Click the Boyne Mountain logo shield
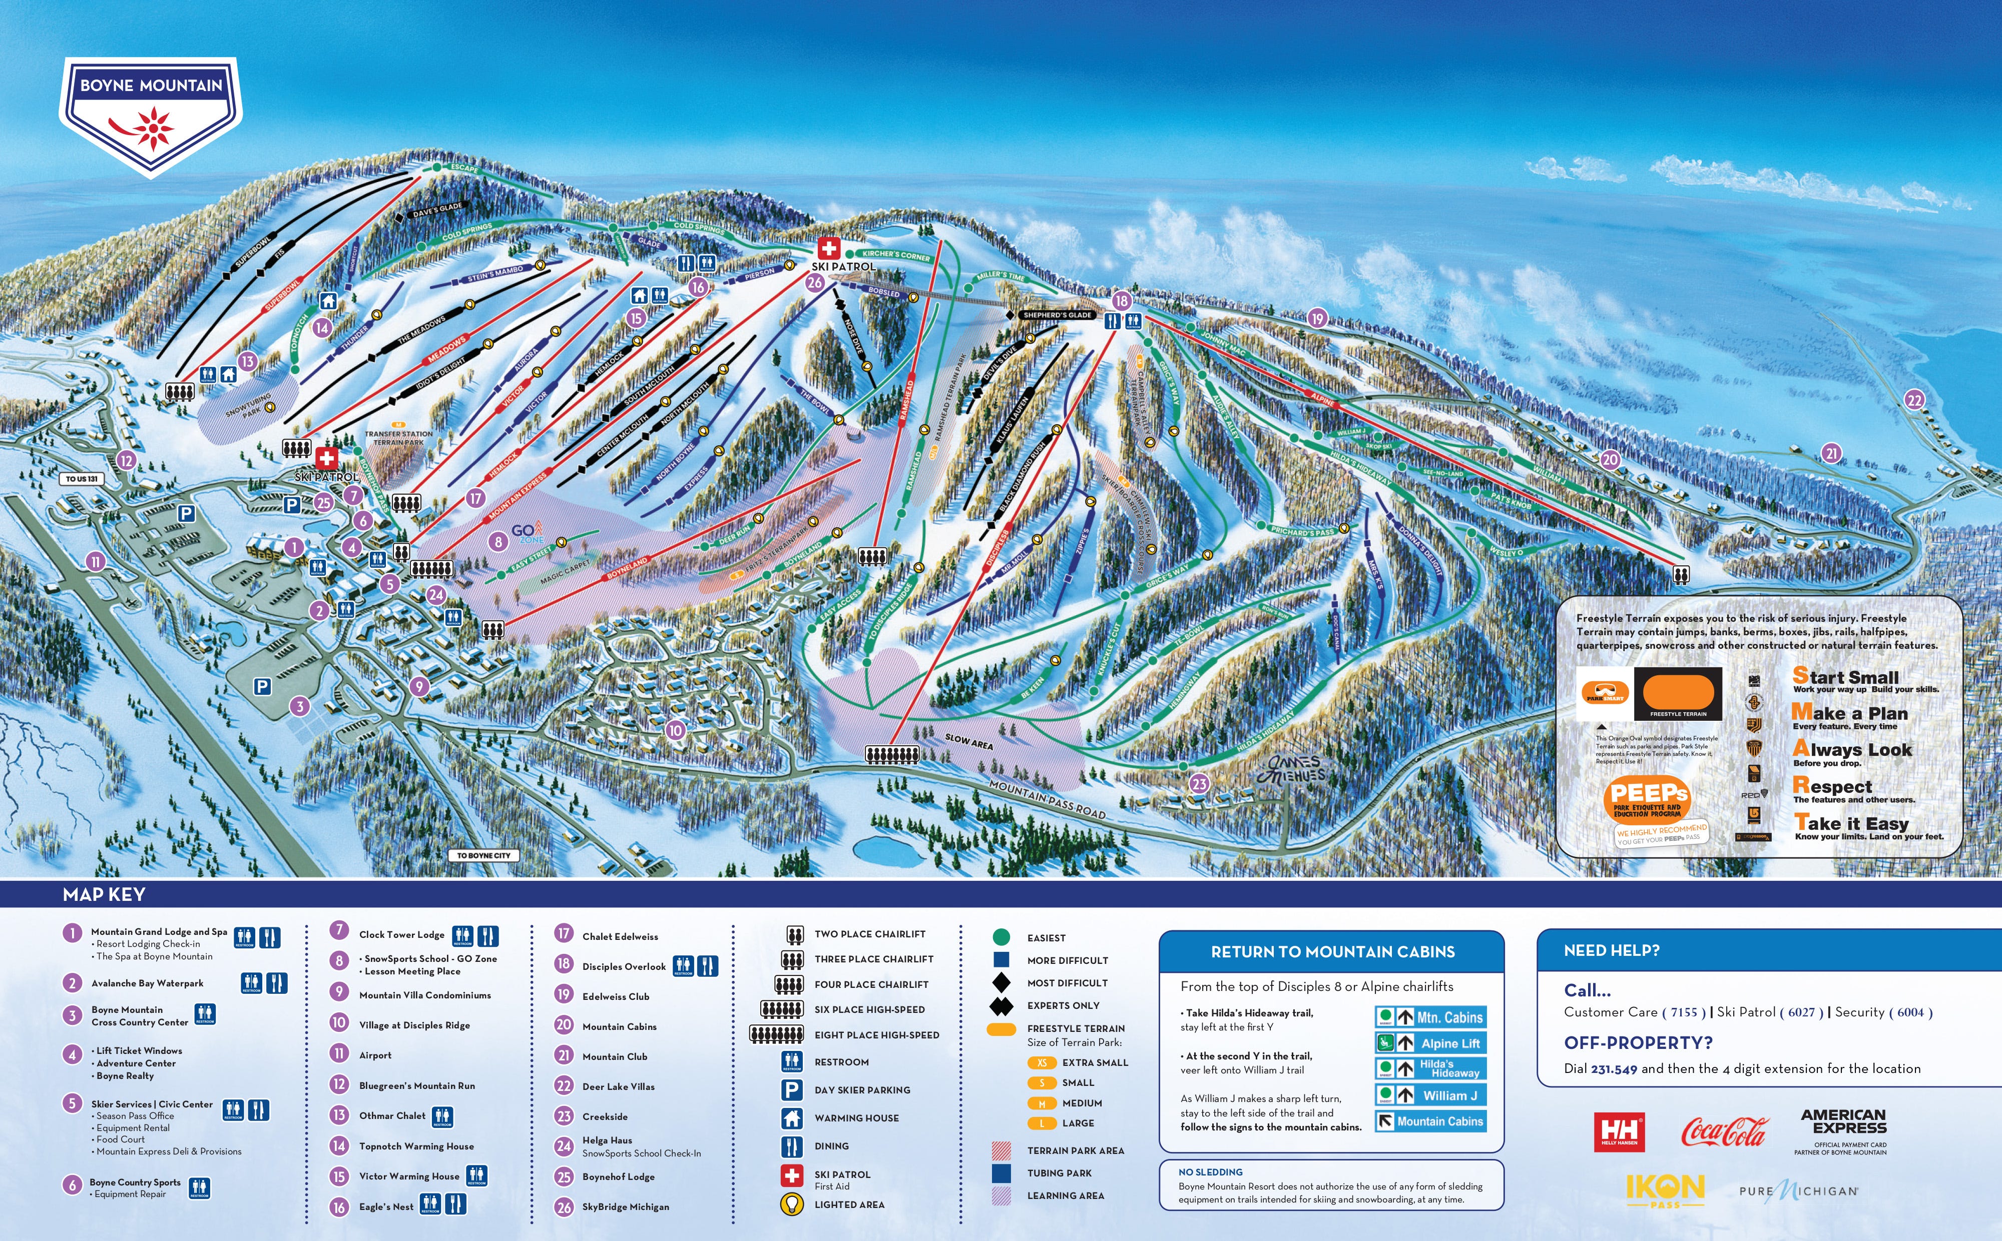[x=151, y=115]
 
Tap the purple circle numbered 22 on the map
[x=1914, y=400]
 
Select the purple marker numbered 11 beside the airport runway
[x=96, y=561]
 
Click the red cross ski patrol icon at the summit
[x=828, y=248]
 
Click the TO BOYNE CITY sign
[x=483, y=855]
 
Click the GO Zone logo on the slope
[x=527, y=532]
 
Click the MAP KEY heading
[x=104, y=895]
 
